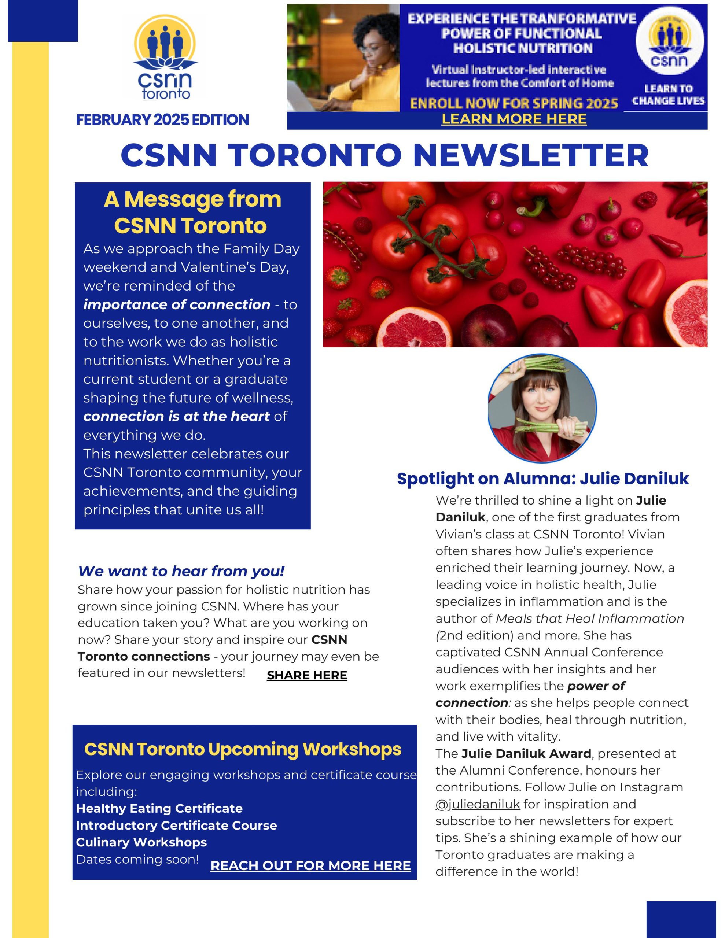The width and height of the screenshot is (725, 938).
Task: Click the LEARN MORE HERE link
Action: pos(514,119)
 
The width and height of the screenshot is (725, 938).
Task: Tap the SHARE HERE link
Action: pos(306,675)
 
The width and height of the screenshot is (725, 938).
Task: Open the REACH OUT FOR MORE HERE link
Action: pos(310,865)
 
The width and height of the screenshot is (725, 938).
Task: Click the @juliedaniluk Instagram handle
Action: pos(478,804)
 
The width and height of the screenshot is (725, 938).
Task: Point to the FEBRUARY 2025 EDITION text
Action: pos(162,120)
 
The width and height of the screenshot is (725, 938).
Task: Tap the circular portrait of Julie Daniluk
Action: pos(542,409)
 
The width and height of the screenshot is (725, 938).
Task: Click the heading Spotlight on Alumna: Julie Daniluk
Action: pos(542,479)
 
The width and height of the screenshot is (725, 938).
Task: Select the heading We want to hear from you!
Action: pos(181,571)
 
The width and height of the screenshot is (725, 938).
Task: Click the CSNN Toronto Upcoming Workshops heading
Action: pos(242,749)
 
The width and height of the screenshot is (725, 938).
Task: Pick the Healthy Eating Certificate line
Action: pos(159,808)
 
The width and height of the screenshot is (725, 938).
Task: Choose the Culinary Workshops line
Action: pos(141,842)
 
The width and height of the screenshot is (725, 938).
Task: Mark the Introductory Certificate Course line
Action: pos(176,826)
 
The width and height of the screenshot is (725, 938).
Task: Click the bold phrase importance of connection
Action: pos(177,304)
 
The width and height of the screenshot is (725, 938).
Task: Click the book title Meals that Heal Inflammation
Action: pos(590,618)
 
